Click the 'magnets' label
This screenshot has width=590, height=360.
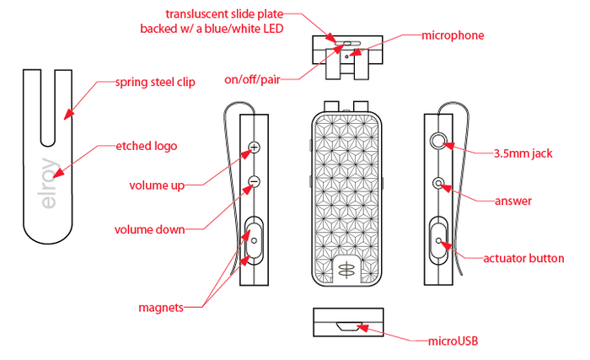click(x=161, y=307)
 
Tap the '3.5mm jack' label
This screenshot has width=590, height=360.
click(x=523, y=153)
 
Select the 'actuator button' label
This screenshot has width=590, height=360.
click(x=524, y=258)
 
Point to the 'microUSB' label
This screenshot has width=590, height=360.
click(x=456, y=341)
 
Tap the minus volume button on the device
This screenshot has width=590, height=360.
click(x=254, y=180)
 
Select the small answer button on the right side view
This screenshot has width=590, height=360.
click(x=438, y=182)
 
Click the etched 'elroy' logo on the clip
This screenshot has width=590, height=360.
click(x=50, y=187)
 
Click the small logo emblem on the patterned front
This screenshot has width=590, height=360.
click(x=345, y=269)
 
